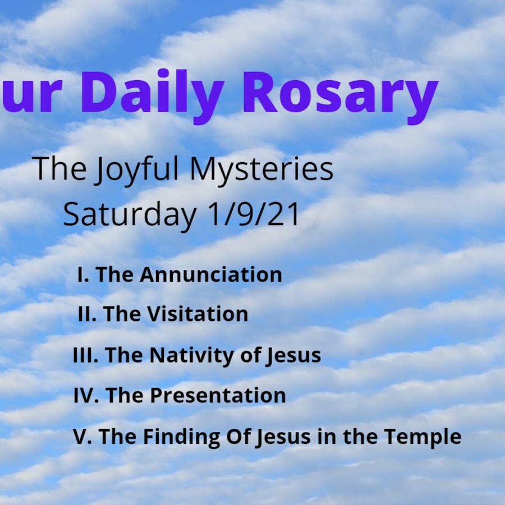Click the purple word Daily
pos(152,96)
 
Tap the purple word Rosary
pos(341,97)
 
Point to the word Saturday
pos(130,215)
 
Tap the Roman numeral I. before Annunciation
pos(84,275)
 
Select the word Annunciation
pos(211,275)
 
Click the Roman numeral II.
pos(88,314)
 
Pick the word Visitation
pos(198,314)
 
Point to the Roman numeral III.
pos(86,355)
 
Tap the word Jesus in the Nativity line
pos(293,356)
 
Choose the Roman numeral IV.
pos(86,395)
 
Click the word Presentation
pos(218,396)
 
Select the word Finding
pos(182,438)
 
